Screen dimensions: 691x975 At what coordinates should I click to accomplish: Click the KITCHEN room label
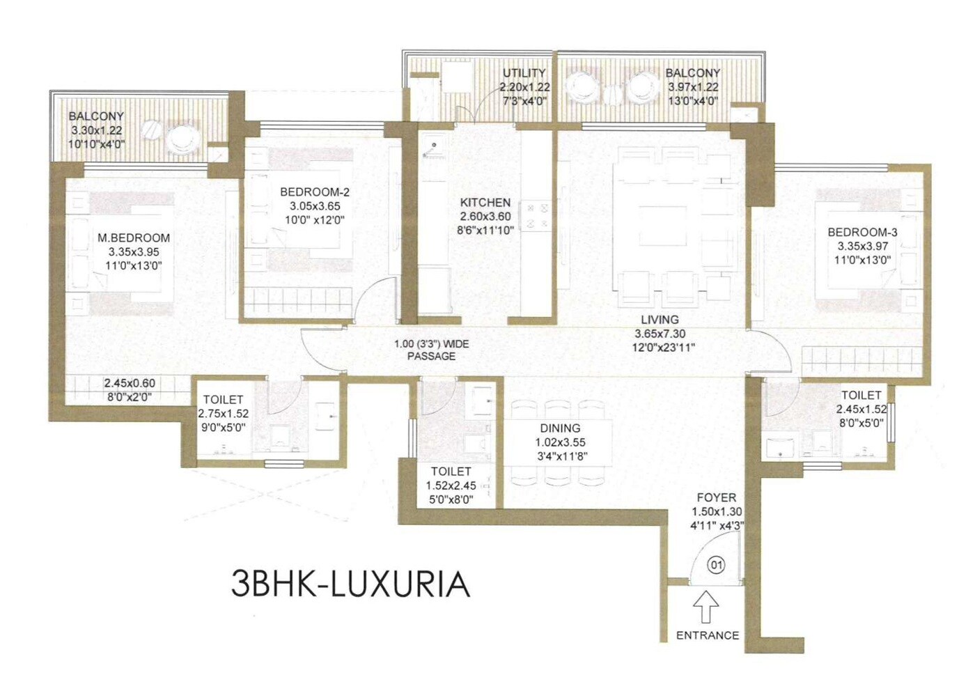485,203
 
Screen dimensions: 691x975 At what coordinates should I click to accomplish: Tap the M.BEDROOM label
134,238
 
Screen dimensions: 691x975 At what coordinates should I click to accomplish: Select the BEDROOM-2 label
315,192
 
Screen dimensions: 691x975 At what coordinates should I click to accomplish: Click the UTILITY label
524,73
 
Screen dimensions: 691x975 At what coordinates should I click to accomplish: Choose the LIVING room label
660,320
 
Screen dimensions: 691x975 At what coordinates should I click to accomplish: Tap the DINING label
560,428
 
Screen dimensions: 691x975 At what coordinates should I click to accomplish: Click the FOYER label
716,498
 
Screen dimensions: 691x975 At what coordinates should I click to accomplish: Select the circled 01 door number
716,565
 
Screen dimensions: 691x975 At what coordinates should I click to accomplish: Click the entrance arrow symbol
706,607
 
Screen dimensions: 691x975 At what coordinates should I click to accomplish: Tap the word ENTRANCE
708,635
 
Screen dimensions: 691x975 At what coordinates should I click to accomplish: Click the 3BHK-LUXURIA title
350,584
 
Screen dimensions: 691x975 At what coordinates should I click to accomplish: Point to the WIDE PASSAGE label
431,350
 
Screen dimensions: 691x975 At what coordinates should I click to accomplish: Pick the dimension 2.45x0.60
130,383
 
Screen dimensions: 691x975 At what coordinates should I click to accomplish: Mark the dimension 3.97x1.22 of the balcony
693,87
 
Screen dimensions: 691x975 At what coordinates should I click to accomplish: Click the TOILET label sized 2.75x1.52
223,400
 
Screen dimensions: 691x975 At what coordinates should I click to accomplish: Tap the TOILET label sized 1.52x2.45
451,472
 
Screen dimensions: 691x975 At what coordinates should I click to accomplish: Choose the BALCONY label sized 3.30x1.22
96,116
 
